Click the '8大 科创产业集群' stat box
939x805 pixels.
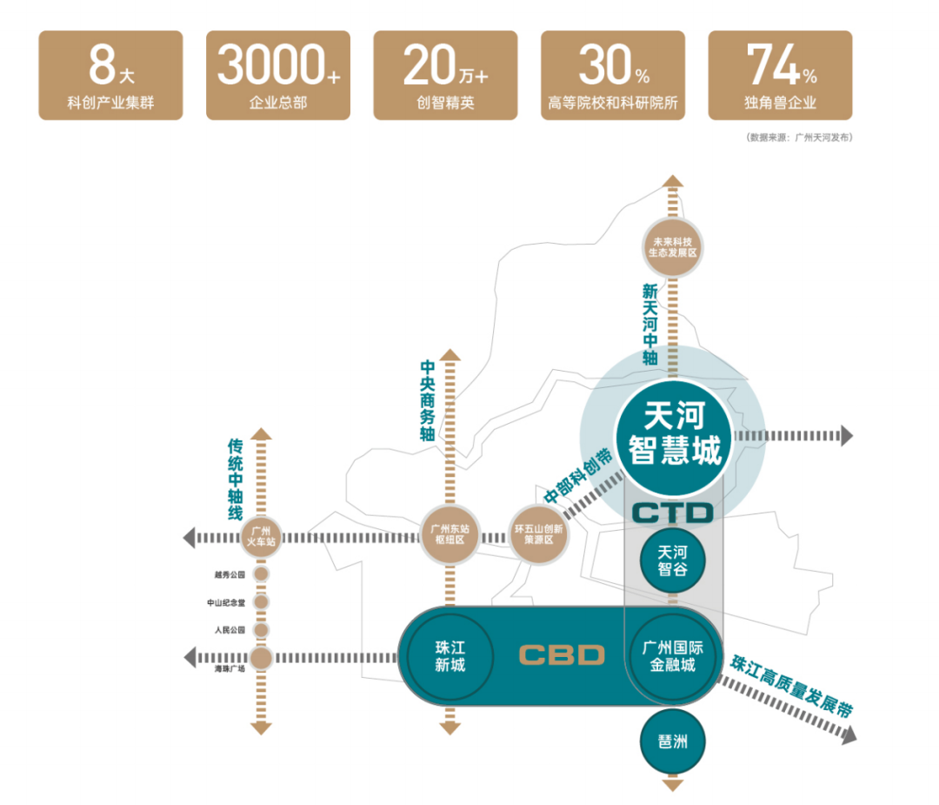111,76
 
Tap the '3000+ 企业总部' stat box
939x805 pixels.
278,76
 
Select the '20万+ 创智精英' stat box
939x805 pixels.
445,76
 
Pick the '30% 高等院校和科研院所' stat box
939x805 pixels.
613,76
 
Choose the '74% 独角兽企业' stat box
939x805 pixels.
780,76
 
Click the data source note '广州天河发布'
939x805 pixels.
798,138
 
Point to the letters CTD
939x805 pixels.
672,513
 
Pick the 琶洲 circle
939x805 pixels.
672,741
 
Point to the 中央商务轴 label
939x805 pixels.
426,401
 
